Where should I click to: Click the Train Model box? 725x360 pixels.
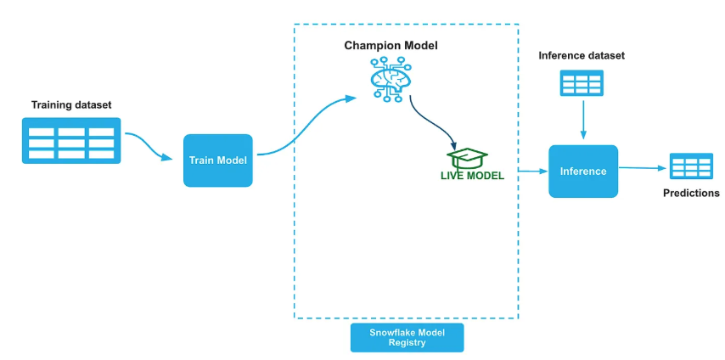coord(218,160)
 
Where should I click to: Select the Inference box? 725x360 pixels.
coord(583,172)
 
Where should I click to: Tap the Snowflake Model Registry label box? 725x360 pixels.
coord(407,337)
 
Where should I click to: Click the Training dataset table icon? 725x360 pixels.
coord(71,141)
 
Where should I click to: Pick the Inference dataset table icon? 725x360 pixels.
coord(582,82)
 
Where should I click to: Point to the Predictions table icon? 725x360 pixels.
coord(690,166)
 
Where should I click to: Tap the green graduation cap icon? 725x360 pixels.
coord(469,158)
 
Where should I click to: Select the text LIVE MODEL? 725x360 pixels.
coord(472,176)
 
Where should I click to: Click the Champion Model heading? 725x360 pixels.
coord(391,45)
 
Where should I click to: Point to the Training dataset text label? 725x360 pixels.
coord(71,104)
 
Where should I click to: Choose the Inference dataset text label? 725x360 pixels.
coord(582,56)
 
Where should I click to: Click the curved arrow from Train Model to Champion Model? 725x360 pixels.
coord(306,127)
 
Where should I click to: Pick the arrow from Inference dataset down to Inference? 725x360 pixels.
coord(582,119)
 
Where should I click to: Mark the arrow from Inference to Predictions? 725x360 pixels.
coord(643,168)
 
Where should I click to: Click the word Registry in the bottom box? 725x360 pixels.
coord(407,344)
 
